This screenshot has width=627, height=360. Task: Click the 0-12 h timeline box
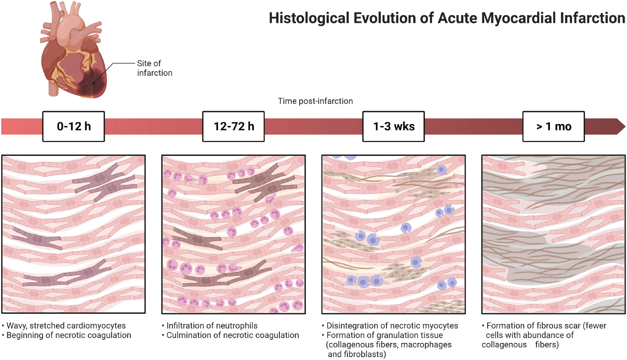point(73,126)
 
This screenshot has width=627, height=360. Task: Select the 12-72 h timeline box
point(234,126)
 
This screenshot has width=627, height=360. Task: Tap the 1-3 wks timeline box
point(393,126)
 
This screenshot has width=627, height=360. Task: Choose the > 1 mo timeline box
point(554,126)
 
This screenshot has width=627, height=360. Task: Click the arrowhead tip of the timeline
point(625,126)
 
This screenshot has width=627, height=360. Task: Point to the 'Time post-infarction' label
point(315,101)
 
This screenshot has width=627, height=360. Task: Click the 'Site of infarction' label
point(154,68)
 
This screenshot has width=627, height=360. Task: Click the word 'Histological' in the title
point(309,18)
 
